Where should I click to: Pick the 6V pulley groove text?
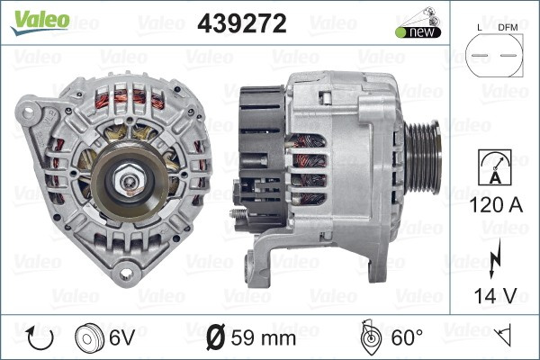121,337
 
